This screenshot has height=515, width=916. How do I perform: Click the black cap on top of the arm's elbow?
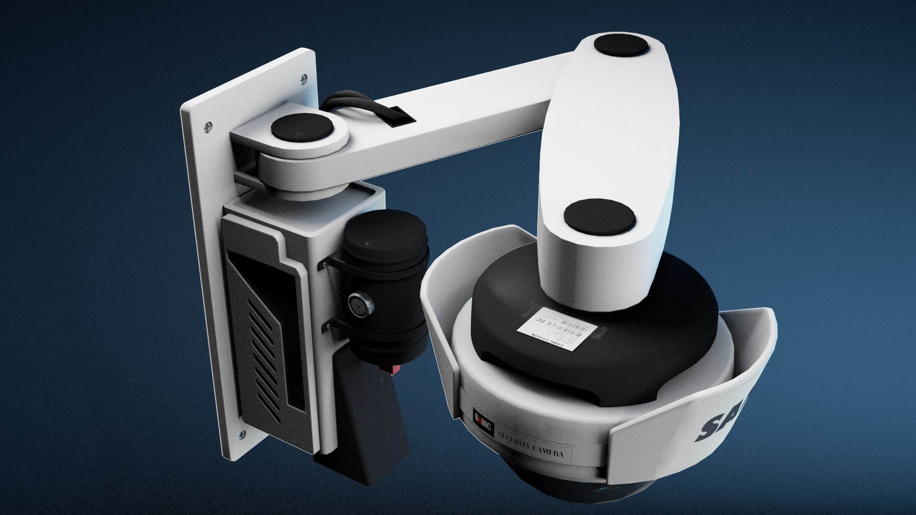pyautogui.click(x=621, y=47)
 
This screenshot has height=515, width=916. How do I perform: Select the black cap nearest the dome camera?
pyautogui.click(x=600, y=216)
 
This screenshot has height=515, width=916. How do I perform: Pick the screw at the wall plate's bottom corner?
pyautogui.click(x=242, y=434)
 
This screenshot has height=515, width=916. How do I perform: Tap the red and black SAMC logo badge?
pyautogui.click(x=482, y=420)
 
